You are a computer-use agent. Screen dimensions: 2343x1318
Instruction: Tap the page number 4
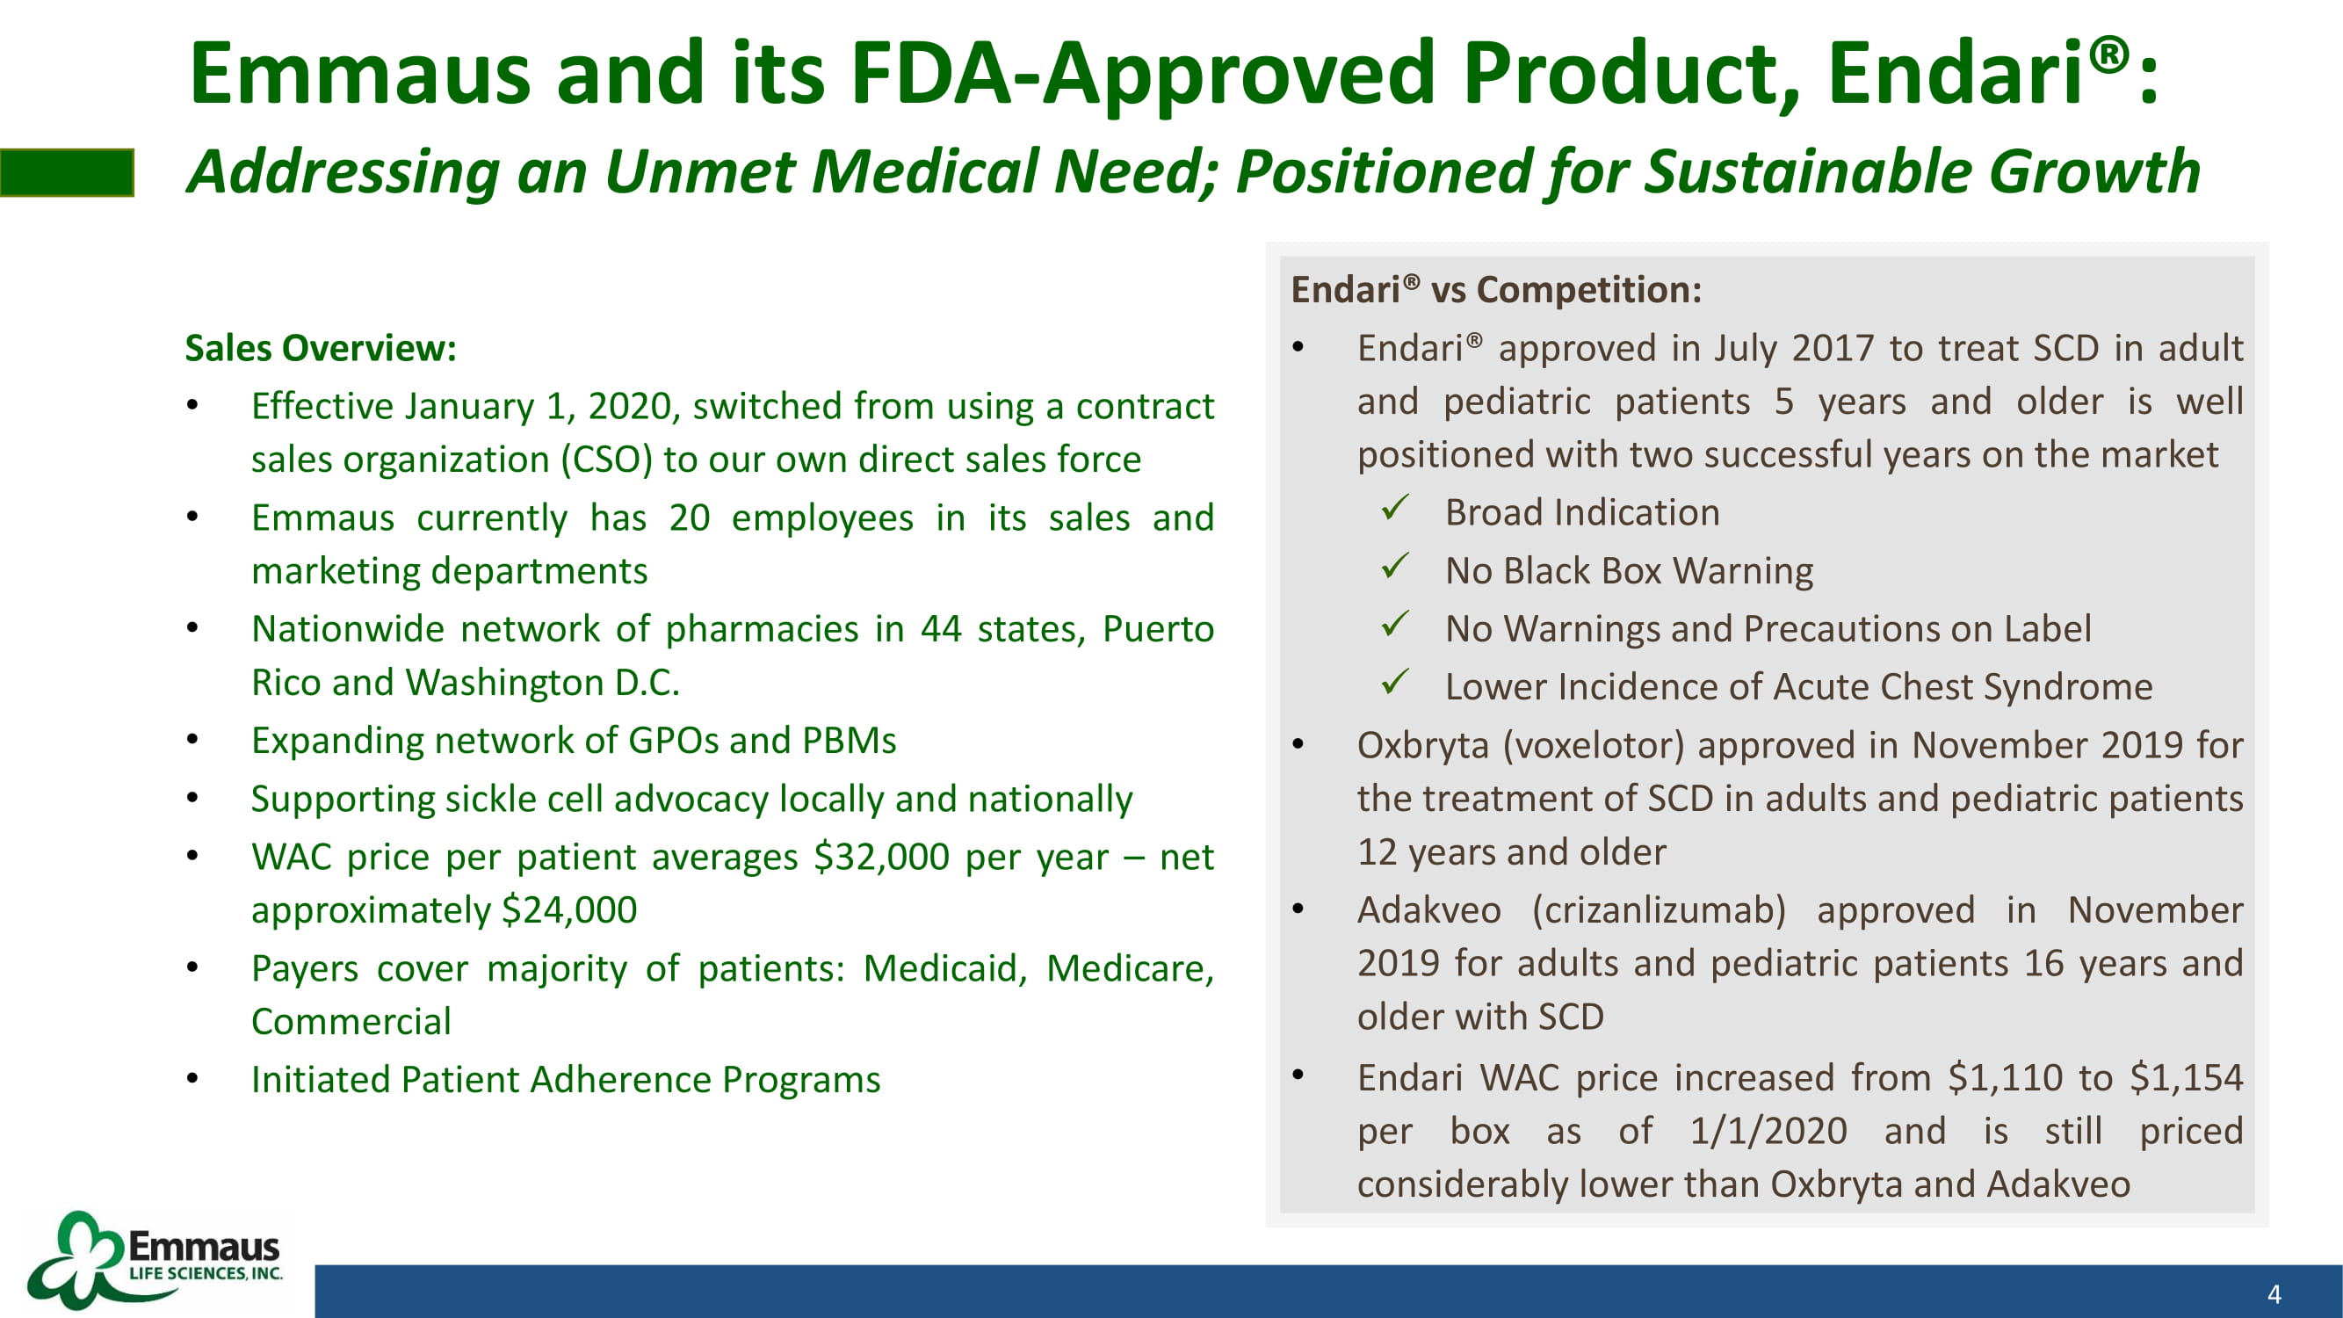pos(2274,1294)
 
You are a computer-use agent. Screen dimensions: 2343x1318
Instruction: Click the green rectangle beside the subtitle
pos(68,173)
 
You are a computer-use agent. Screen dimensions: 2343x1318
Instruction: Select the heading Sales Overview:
pos(320,348)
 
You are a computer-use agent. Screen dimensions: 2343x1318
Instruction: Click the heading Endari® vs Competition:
pos(1496,290)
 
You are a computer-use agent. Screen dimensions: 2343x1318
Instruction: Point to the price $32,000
pos(881,857)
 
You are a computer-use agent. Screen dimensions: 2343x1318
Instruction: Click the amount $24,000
pos(569,910)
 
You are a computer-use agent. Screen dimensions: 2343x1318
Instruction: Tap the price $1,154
pos(2187,1078)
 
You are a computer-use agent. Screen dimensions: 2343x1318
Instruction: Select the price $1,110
pos(2005,1078)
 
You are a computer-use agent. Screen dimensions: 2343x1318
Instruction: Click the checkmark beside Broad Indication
pos(1395,508)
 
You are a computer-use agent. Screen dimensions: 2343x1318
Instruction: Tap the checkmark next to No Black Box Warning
pos(1395,566)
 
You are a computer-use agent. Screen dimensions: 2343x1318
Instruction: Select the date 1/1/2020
pos(1768,1132)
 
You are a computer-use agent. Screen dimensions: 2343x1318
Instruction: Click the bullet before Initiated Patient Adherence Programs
pos(192,1080)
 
